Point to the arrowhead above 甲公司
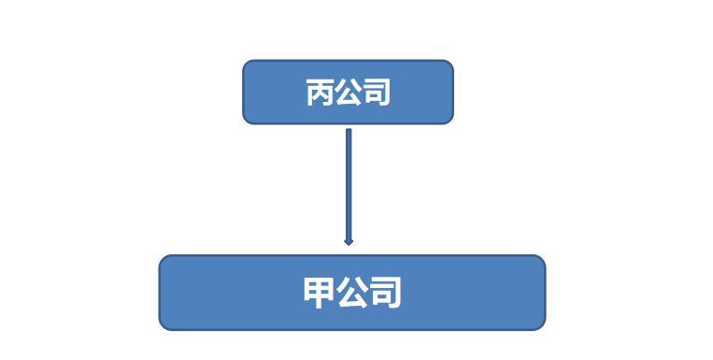(x=349, y=242)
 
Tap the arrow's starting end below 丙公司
(x=349, y=131)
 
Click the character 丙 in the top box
(x=320, y=93)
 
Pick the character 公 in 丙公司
(x=348, y=93)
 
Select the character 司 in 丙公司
(x=376, y=93)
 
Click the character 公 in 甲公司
(x=351, y=293)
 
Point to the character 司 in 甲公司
(x=384, y=293)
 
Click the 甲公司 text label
(x=351, y=293)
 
